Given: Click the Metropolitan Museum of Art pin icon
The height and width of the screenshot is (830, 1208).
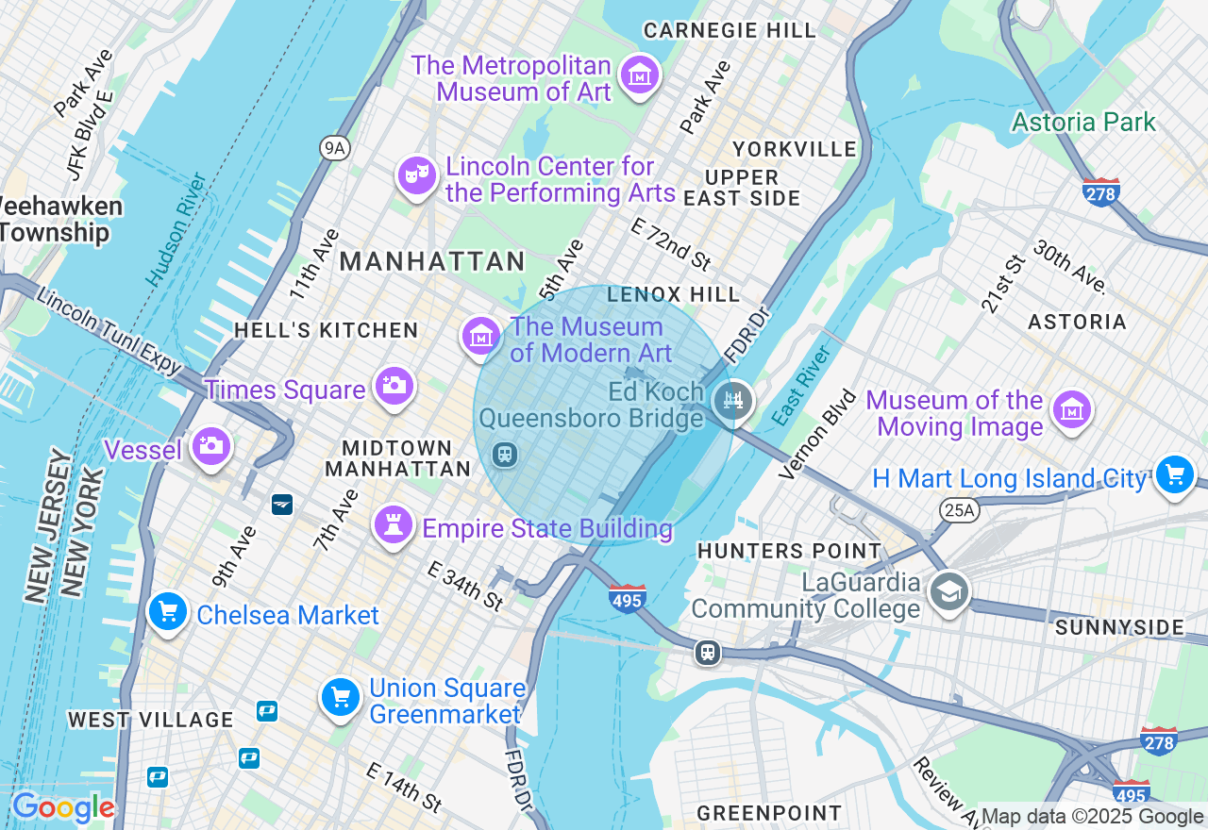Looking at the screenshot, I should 640,74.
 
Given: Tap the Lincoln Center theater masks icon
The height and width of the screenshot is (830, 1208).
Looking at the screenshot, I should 416,174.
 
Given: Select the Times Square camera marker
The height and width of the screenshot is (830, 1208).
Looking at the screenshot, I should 394,386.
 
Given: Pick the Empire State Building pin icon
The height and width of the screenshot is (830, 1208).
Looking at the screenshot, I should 394,523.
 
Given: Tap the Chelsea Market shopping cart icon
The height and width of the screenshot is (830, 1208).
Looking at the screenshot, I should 168,612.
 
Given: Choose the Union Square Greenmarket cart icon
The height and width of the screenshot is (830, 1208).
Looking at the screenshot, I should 341,698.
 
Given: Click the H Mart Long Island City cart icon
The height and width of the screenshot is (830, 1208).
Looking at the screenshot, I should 1174,474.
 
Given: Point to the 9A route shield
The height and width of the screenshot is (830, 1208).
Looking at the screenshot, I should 334,147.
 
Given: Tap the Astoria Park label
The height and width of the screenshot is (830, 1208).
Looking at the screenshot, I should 1083,123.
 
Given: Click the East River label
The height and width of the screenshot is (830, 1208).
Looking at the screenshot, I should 801,386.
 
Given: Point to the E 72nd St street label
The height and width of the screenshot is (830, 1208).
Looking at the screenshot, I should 670,243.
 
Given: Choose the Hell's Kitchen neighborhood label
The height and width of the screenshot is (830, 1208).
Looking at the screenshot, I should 326,330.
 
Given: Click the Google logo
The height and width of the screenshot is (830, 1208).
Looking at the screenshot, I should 63,807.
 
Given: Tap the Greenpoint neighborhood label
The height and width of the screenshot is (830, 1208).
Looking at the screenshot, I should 768,812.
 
